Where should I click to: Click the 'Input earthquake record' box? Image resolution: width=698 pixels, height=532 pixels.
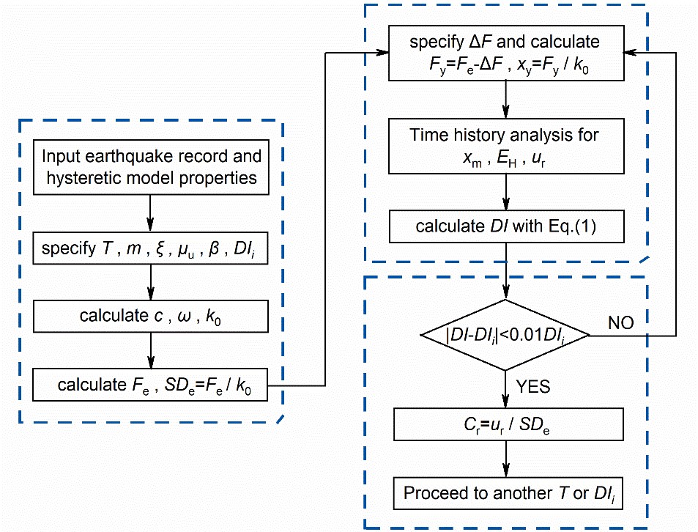[x=151, y=166]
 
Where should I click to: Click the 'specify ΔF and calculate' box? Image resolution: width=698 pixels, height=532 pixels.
[x=505, y=53]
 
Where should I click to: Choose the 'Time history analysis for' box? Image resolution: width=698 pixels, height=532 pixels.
[x=505, y=145]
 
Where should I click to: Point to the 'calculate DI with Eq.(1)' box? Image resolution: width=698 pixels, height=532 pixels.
[x=505, y=226]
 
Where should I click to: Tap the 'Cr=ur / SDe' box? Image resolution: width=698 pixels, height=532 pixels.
[x=505, y=425]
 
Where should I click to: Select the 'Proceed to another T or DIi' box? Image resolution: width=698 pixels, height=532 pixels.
[x=505, y=492]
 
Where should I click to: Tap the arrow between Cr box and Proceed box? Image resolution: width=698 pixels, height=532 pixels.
[x=505, y=459]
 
